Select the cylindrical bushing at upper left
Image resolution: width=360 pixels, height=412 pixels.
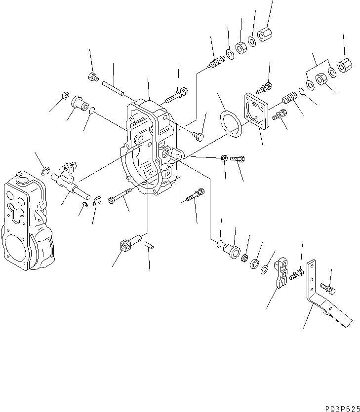click(79, 102)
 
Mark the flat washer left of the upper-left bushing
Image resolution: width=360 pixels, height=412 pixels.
click(64, 95)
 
